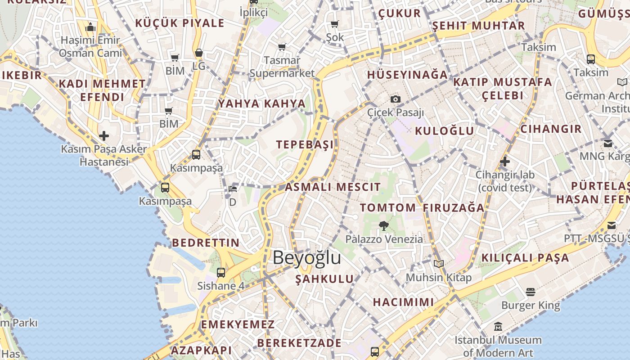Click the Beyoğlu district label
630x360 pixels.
click(306, 258)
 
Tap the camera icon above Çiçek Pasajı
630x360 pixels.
click(396, 99)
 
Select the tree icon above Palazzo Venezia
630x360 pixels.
click(383, 225)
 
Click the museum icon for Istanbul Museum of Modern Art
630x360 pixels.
click(498, 327)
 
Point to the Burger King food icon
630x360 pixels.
click(531, 292)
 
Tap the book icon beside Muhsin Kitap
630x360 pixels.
click(438, 264)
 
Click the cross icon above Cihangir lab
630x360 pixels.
click(505, 161)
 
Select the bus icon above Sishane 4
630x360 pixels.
click(221, 272)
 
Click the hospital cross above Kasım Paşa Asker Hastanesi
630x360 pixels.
click(104, 135)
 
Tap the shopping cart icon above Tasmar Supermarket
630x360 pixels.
click(282, 47)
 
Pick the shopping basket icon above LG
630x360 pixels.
click(199, 53)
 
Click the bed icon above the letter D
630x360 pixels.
click(233, 189)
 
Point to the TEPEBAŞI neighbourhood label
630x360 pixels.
click(305, 144)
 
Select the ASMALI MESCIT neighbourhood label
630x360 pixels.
click(333, 187)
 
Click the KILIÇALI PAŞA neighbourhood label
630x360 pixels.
click(525, 258)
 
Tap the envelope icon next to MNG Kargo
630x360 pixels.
click(608, 144)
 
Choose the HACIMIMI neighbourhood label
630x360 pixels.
click(403, 301)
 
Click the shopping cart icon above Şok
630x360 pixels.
click(334, 24)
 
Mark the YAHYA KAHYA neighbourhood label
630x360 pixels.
click(262, 103)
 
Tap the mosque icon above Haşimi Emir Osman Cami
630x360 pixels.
click(90, 27)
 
